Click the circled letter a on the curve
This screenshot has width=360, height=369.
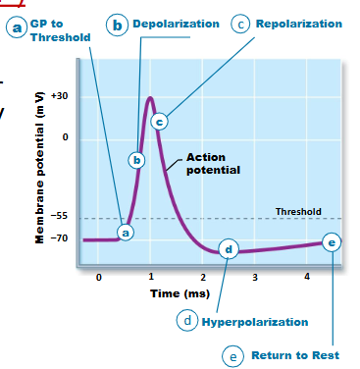(125, 232)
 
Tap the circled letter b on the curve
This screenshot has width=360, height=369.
(137, 159)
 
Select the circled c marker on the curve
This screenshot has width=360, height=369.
(159, 122)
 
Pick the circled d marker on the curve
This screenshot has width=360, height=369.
(229, 249)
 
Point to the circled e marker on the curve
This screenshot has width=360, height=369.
(332, 241)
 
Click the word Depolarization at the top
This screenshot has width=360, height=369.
(176, 23)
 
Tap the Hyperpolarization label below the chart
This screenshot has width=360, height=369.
(254, 322)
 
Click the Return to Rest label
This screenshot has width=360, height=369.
(295, 354)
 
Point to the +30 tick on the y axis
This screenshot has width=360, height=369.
(60, 96)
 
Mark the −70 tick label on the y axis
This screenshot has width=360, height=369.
(60, 238)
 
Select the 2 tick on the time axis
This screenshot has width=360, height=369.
(202, 279)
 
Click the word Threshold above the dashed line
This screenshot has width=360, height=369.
(298, 211)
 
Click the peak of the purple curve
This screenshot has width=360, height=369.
(150, 97)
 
